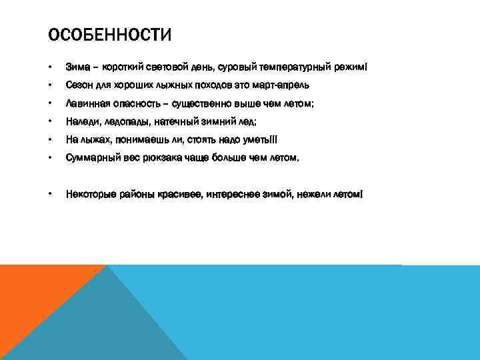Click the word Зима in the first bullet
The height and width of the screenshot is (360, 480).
[77, 67]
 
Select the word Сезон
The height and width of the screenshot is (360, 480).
[79, 85]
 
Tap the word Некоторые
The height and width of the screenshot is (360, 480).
[89, 194]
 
